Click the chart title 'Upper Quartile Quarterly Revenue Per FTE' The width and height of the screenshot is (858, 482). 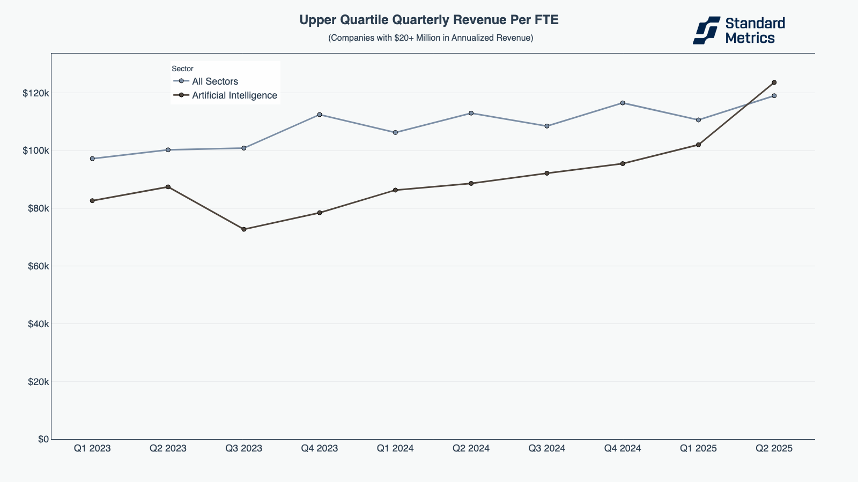429,20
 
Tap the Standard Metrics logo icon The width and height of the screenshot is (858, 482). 706,30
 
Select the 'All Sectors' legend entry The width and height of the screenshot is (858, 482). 214,81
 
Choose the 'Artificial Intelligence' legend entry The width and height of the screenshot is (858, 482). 234,95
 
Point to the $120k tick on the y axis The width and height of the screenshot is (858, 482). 36,93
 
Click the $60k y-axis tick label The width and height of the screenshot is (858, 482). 36,266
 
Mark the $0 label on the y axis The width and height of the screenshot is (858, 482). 43,439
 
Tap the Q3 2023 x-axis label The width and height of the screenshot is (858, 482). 244,448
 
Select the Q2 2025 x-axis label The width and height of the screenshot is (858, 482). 774,448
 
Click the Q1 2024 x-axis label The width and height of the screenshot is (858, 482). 395,448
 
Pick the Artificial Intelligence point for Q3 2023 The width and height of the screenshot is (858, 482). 244,229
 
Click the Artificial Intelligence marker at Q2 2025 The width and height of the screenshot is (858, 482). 774,82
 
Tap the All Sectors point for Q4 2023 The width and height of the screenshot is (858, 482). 320,115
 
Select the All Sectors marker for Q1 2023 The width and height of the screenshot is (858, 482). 92,159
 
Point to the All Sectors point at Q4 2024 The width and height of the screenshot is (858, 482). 623,103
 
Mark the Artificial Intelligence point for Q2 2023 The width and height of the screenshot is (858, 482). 168,187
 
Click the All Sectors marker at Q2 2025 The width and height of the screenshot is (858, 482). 774,96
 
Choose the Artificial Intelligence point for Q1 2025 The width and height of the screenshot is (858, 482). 698,145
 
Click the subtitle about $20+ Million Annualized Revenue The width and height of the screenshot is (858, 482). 431,38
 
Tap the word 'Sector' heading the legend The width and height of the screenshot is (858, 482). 182,69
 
